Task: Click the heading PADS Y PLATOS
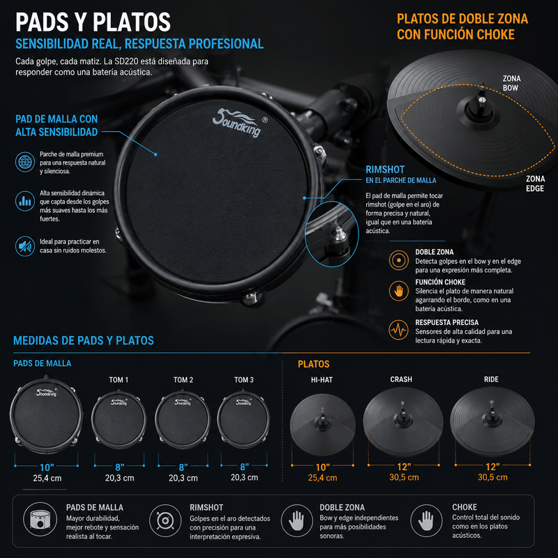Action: pyautogui.click(x=93, y=22)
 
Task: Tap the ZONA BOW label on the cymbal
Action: pyautogui.click(x=511, y=83)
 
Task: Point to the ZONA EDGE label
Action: pyautogui.click(x=535, y=183)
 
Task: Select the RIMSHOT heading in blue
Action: pyautogui.click(x=385, y=169)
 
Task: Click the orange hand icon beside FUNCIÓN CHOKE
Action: pyautogui.click(x=398, y=291)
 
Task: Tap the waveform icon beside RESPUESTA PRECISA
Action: pyautogui.click(x=398, y=330)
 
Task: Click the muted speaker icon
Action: pyautogui.click(x=25, y=246)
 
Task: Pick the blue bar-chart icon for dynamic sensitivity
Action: pyautogui.click(x=25, y=201)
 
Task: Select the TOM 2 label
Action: pyautogui.click(x=183, y=379)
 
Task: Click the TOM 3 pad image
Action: pyautogui.click(x=243, y=419)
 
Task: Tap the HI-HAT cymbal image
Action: pyautogui.click(x=322, y=423)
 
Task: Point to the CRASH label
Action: pyautogui.click(x=401, y=379)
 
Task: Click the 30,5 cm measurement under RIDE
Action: pyautogui.click(x=492, y=477)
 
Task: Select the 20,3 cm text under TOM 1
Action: pyautogui.click(x=119, y=478)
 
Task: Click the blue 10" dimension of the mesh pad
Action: pyautogui.click(x=47, y=467)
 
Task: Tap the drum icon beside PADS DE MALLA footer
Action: pyautogui.click(x=40, y=519)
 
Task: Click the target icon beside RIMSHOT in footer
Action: pyautogui.click(x=165, y=520)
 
